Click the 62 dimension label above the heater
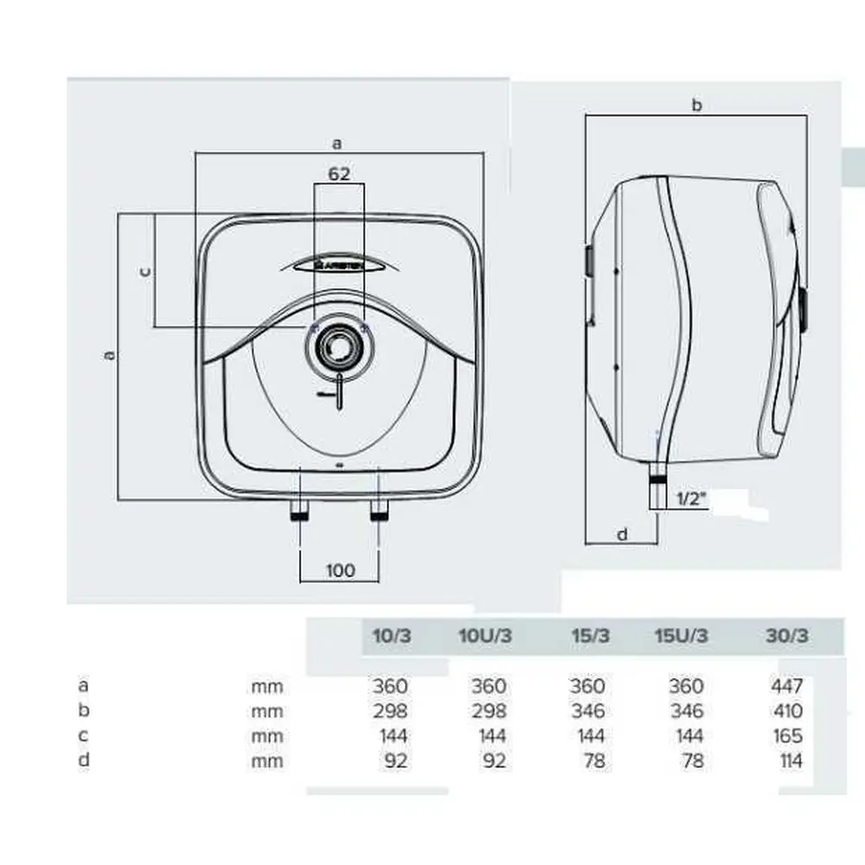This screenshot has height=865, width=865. [339, 174]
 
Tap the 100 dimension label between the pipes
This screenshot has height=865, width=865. [340, 570]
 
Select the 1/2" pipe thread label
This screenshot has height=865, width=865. [691, 499]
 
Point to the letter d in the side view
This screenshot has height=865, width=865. [622, 534]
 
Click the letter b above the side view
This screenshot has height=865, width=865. [696, 105]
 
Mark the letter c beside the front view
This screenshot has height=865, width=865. [145, 272]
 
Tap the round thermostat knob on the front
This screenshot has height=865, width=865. [339, 348]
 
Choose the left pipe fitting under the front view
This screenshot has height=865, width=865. [299, 509]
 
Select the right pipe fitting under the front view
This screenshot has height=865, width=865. [379, 509]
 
